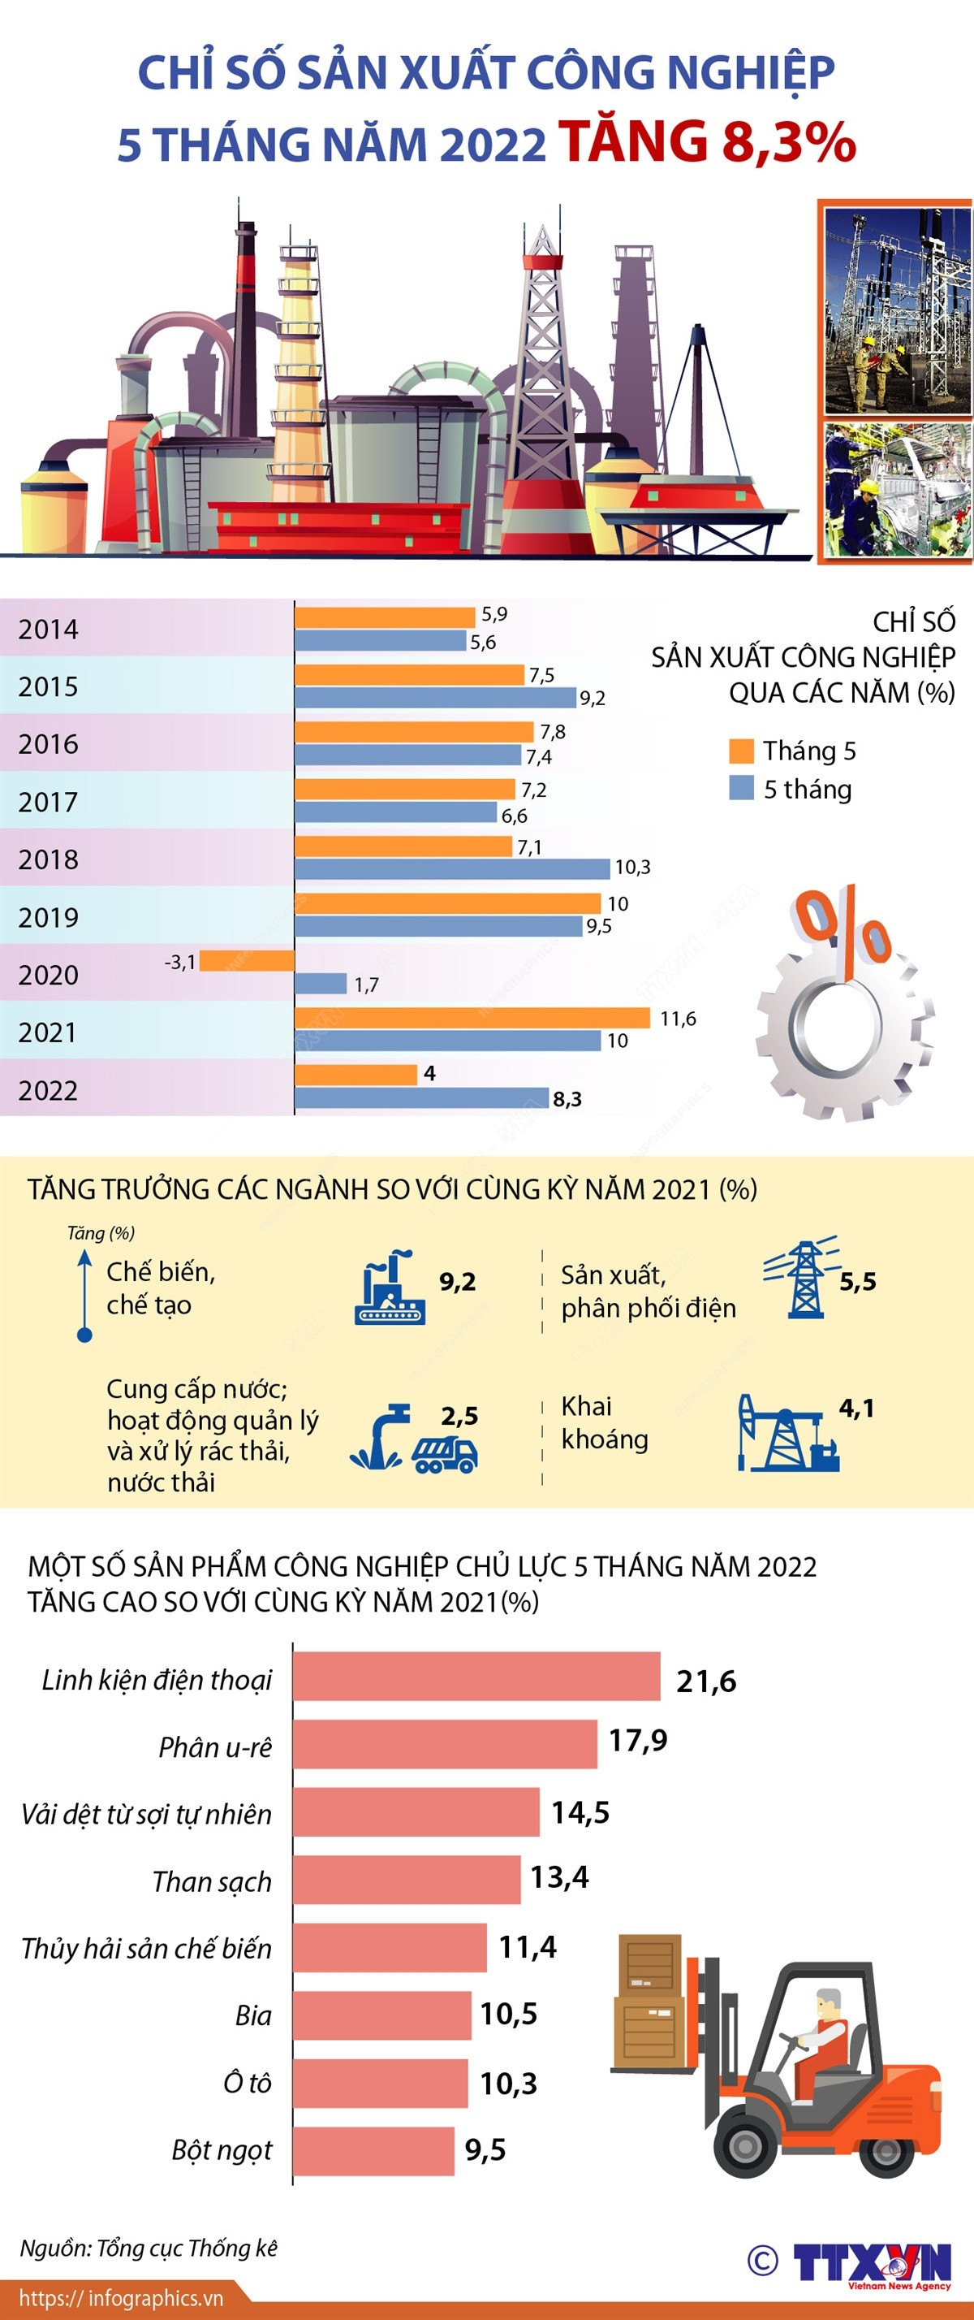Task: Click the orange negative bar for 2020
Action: click(x=247, y=961)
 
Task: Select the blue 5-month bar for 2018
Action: click(x=452, y=868)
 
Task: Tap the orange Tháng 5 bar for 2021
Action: click(x=472, y=1018)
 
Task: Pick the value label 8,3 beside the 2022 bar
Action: click(x=567, y=1099)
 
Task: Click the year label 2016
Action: click(x=49, y=744)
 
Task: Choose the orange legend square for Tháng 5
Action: click(x=741, y=751)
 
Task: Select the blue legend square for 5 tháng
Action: click(x=741, y=788)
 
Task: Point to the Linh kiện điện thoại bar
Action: click(x=476, y=1676)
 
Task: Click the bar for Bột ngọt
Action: click(x=373, y=2151)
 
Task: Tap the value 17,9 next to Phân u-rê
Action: click(x=637, y=1740)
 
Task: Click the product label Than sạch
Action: click(x=212, y=1881)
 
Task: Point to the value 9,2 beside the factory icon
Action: click(x=457, y=1282)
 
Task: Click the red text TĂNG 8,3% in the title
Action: click(x=707, y=142)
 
